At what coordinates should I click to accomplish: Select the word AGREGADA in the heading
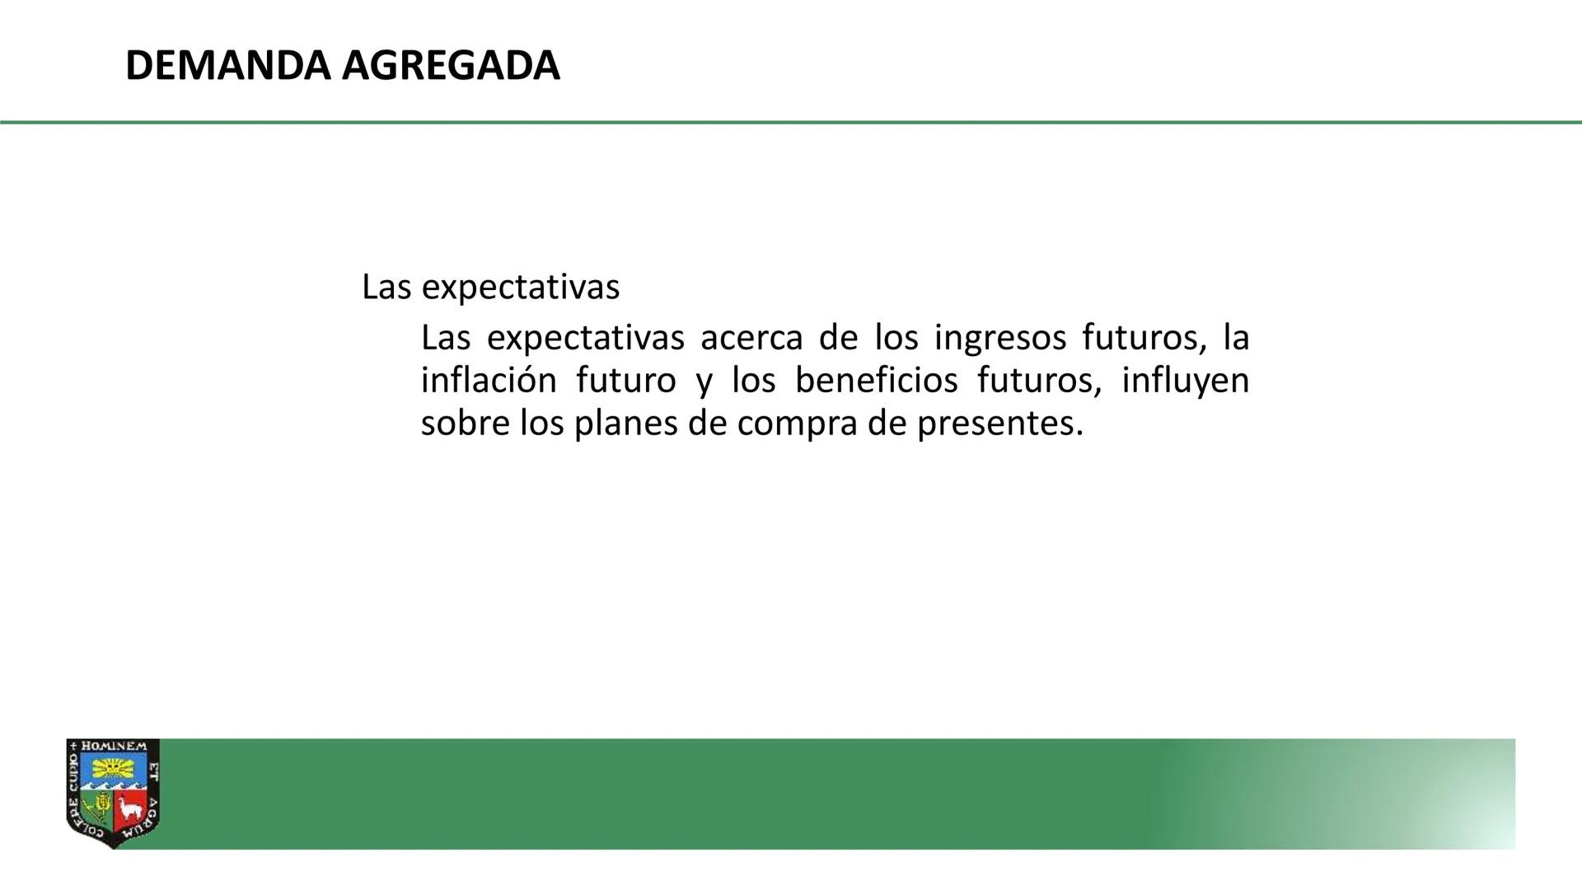(451, 66)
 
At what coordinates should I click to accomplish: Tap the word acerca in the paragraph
(751, 338)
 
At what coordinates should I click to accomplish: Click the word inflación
(489, 381)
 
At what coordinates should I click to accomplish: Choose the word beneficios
(876, 381)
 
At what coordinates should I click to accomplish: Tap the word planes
(625, 424)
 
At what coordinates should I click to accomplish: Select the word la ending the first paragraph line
(1236, 338)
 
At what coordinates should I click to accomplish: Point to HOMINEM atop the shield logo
(114, 747)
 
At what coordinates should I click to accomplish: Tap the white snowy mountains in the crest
(113, 787)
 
